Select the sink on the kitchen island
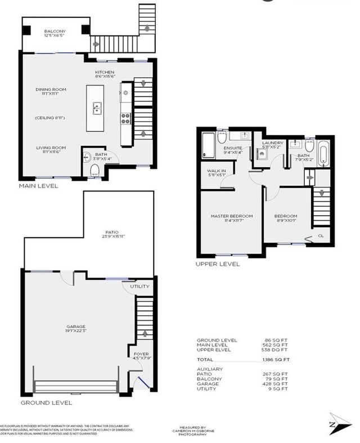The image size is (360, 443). click(97, 107)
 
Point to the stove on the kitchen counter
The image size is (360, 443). click(126, 118)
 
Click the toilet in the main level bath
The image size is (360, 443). click(94, 171)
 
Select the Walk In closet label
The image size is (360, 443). click(217, 172)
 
